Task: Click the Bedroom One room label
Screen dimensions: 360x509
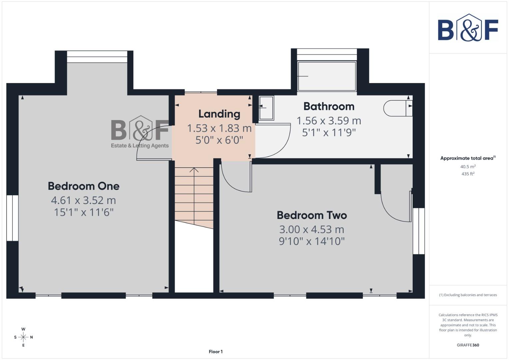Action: click(x=83, y=186)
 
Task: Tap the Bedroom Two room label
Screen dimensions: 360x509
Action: click(x=312, y=215)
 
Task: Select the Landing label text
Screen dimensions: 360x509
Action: click(x=219, y=114)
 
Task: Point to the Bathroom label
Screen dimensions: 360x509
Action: click(x=329, y=106)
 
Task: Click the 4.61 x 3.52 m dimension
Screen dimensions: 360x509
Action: click(x=83, y=200)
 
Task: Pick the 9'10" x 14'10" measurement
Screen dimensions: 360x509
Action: click(x=312, y=241)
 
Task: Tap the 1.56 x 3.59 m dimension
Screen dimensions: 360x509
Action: click(x=329, y=121)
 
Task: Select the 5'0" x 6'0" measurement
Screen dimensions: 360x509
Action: click(x=219, y=140)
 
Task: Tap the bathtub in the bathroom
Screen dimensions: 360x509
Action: click(x=327, y=76)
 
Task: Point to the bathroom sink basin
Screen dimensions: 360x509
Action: click(x=266, y=108)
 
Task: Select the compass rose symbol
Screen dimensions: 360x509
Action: click(x=23, y=337)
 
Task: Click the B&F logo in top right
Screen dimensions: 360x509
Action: click(x=468, y=28)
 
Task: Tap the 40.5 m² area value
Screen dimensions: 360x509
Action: click(x=468, y=167)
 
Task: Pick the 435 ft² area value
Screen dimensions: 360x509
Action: click(x=468, y=174)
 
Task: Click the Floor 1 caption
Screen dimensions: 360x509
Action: click(x=216, y=352)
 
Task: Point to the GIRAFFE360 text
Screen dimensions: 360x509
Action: click(x=468, y=345)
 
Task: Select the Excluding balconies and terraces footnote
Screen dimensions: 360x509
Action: click(x=468, y=295)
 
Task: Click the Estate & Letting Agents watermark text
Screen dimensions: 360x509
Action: click(x=140, y=146)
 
